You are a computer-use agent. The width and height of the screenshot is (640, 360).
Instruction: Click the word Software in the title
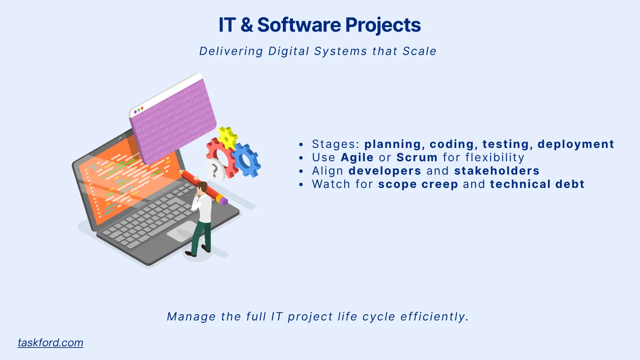[299, 25]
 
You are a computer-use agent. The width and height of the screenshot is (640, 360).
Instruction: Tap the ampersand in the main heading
[246, 25]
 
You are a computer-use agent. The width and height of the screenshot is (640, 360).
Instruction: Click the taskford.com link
[50, 343]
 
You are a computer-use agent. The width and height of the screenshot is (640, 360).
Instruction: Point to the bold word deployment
[575, 144]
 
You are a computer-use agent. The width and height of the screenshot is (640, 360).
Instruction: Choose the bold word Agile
[357, 157]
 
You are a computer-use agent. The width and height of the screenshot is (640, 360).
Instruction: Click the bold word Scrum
[417, 157]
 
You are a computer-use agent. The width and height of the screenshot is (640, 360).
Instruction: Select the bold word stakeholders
[497, 171]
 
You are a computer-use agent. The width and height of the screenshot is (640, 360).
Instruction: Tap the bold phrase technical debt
[537, 184]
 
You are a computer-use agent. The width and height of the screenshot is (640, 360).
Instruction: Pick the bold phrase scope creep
[418, 184]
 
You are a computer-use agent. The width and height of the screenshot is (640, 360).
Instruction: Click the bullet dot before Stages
[301, 145]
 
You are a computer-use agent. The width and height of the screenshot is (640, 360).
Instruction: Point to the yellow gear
[227, 137]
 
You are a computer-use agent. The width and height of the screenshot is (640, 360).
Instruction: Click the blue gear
[246, 160]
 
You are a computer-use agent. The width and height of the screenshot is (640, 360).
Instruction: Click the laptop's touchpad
[182, 231]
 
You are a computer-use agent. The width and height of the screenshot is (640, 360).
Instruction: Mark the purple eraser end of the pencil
[223, 201]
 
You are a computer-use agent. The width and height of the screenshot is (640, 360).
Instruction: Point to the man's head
[202, 187]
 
